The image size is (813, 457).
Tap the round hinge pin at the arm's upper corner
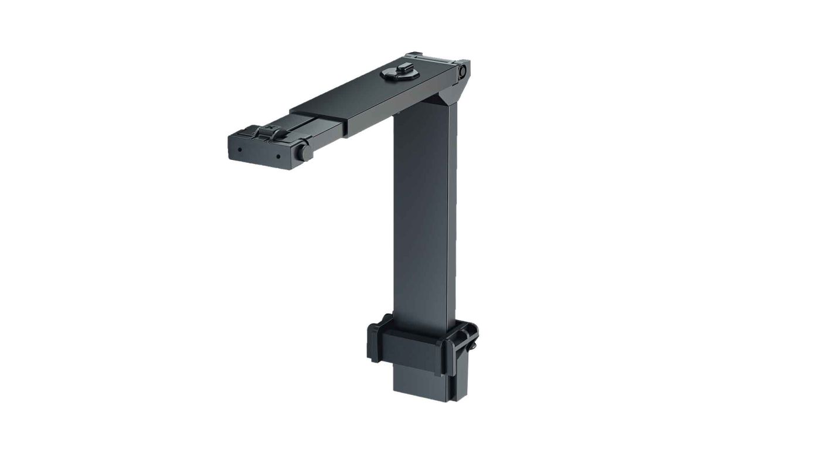click(x=462, y=71)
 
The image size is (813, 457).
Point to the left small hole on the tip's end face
click(x=239, y=149)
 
